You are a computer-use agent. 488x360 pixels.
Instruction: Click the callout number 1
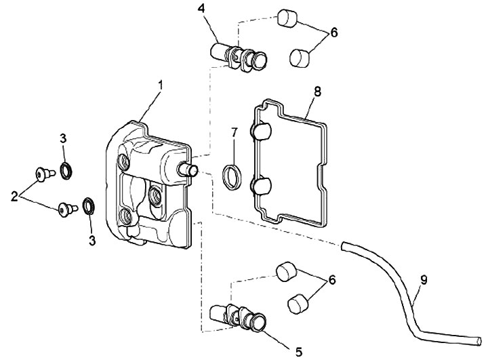click(161, 85)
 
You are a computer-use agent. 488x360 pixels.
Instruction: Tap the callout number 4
click(201, 8)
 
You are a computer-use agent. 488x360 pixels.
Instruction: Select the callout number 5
click(298, 352)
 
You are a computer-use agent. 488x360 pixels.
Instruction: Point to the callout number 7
click(234, 133)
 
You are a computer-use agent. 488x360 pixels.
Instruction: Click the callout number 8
click(317, 92)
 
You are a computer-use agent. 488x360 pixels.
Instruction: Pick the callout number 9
click(424, 280)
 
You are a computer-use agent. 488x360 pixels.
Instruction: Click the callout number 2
click(14, 197)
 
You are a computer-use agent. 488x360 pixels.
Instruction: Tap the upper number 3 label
click(63, 138)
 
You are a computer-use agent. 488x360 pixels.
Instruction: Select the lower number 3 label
click(91, 241)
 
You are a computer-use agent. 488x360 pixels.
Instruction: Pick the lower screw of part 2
click(66, 208)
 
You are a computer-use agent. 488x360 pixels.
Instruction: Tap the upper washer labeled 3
click(66, 171)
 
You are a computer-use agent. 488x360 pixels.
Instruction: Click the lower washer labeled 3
click(89, 205)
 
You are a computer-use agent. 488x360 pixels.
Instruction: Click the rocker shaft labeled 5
click(238, 317)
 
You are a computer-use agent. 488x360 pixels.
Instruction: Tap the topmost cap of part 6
click(287, 18)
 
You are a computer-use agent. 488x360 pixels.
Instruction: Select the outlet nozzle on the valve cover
click(188, 169)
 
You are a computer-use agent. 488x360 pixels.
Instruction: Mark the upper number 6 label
click(333, 33)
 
